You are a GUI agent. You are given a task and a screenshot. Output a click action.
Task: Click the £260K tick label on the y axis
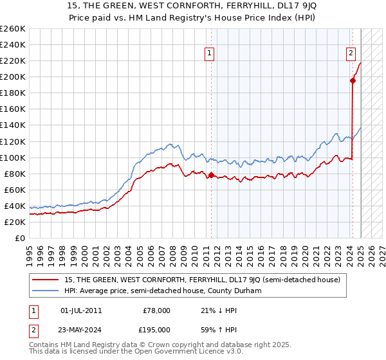point(12,29)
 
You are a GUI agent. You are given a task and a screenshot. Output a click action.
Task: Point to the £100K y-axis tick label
point(12,157)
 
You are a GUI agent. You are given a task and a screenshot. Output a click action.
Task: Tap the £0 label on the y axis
point(20,238)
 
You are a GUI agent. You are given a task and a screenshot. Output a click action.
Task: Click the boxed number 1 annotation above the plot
point(210,54)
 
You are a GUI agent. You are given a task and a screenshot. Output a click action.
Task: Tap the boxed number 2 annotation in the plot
point(351,54)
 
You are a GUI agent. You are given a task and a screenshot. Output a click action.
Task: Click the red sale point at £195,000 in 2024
point(353,80)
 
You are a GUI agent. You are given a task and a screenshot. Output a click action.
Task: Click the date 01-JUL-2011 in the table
point(81,310)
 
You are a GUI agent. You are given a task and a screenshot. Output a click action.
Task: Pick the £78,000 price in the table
point(156,310)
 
